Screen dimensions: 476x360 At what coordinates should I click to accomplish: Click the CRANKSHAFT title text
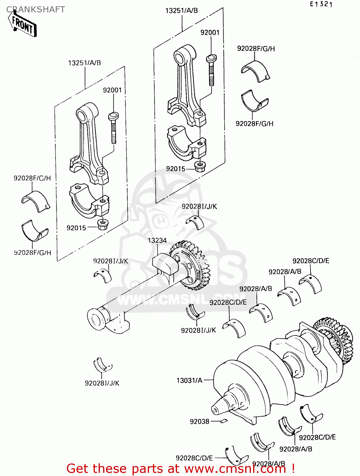36,10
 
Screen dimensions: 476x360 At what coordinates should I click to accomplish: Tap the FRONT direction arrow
23,25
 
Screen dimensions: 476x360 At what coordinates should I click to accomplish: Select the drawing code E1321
321,4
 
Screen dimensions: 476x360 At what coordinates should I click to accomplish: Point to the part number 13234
157,241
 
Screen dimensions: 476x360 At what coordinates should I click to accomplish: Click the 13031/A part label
189,380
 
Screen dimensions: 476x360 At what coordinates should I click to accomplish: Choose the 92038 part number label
200,421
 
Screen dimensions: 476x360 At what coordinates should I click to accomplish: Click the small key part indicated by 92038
224,421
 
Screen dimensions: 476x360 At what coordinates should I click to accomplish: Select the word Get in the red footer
77,469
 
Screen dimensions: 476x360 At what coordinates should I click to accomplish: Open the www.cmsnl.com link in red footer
235,469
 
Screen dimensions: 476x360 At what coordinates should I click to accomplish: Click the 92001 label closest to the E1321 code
210,32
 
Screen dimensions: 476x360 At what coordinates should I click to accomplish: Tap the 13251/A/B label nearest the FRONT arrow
84,63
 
